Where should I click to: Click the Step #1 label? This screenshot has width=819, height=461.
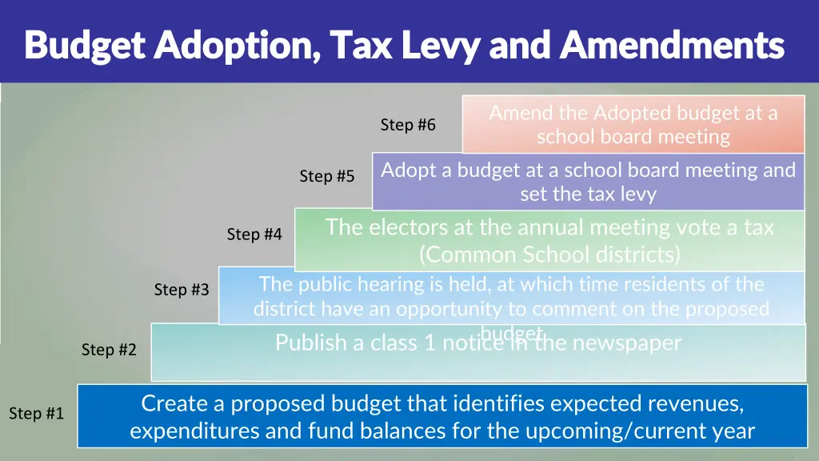coord(36,414)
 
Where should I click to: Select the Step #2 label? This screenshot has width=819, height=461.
coord(109,350)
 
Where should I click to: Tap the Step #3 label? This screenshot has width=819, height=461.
coord(182,290)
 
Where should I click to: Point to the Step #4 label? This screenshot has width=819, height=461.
coord(254,235)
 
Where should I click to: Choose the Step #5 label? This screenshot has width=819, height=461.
coord(326,176)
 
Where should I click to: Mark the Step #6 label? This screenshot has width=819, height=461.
coord(408,125)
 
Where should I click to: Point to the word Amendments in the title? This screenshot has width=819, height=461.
coord(671,46)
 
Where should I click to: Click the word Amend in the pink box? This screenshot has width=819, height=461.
coord(517,113)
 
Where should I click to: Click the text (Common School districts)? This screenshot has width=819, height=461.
coord(549,255)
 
